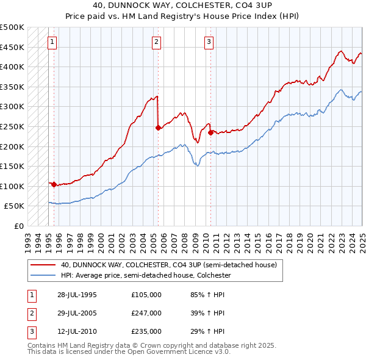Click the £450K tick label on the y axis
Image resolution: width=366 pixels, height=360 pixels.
(x=13, y=47)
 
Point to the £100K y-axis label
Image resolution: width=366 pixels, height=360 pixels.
(x=13, y=186)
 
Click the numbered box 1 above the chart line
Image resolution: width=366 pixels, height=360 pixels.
(x=52, y=42)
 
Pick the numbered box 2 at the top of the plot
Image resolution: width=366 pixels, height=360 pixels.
(x=157, y=42)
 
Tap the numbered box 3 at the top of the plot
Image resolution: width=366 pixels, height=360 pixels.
(x=209, y=42)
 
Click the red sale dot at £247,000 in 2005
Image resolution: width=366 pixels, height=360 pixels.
(x=159, y=128)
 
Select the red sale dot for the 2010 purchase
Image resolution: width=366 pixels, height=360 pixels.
(x=210, y=132)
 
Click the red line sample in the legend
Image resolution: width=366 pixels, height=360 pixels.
(x=43, y=265)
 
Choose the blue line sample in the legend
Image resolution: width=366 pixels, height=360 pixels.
(x=43, y=275)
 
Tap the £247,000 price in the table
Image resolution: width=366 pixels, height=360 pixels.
(x=146, y=313)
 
